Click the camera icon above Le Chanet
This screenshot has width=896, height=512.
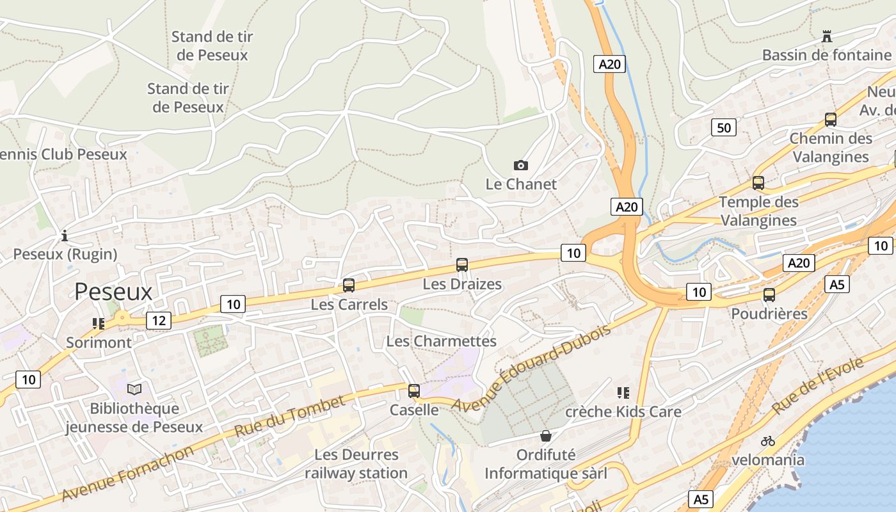521,165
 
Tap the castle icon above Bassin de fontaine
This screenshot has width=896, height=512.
827,36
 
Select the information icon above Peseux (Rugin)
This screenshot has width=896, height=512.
64,236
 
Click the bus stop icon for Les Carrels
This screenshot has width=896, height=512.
349,285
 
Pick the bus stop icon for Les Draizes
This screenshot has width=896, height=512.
462,265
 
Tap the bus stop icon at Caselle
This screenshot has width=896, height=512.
414,390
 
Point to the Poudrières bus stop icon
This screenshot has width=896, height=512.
769,295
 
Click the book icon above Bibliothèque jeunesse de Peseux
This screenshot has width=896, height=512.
134,389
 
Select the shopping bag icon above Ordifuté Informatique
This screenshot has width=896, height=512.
546,436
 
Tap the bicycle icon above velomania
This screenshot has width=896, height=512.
768,441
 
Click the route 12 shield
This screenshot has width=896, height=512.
158,320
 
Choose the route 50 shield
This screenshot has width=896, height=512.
723,127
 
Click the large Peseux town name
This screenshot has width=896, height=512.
113,292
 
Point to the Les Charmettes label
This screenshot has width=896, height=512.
442,341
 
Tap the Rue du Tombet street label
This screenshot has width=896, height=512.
290,417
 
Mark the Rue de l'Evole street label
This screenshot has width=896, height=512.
819,385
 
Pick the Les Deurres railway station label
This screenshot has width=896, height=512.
356,464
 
